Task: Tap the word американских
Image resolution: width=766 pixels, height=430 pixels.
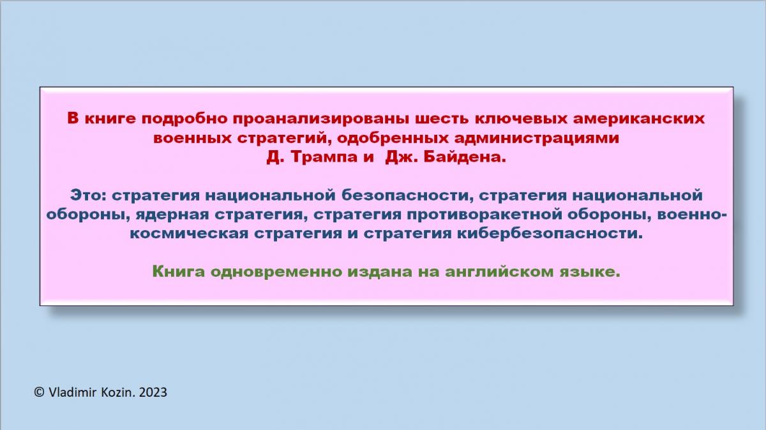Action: click(638, 118)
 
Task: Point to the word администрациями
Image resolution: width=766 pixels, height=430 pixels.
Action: click(536, 138)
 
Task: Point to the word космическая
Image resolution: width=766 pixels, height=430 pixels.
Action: click(189, 234)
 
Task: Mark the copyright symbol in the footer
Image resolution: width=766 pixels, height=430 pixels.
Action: click(40, 392)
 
